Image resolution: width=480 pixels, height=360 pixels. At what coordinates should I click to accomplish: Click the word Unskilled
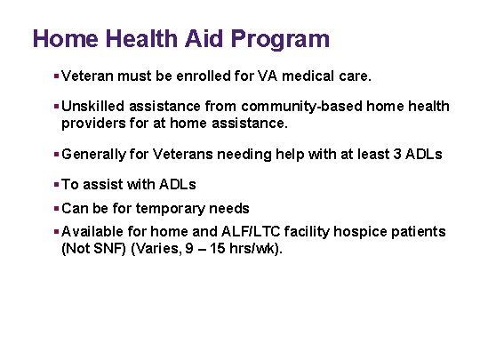tap(94, 107)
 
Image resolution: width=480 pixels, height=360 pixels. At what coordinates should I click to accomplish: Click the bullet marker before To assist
tap(56, 185)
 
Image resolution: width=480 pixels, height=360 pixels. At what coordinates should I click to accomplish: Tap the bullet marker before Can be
tap(56, 208)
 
